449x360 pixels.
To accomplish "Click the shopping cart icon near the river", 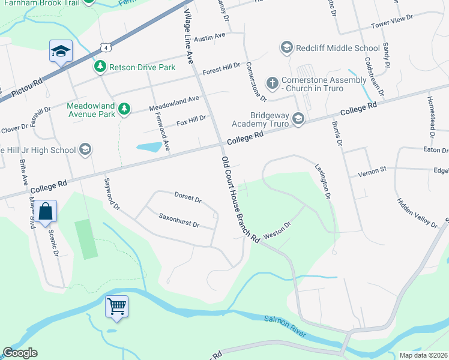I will [x=116, y=307].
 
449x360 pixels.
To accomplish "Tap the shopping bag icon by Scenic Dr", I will [x=45, y=211].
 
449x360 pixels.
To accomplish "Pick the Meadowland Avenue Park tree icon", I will [x=124, y=109].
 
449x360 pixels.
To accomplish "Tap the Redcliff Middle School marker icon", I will [x=286, y=47].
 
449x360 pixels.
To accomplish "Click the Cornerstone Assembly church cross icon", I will [x=272, y=82].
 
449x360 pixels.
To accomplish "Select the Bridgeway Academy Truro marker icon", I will [x=298, y=121].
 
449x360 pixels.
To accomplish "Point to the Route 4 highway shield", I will [x=105, y=47].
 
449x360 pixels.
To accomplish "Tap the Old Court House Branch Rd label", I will [x=240, y=199].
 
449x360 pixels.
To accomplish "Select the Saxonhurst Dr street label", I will [x=178, y=220].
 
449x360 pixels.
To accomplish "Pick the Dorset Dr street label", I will [x=187, y=197].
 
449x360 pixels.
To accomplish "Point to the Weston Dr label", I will [x=277, y=230].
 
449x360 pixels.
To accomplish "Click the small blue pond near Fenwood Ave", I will [x=149, y=147].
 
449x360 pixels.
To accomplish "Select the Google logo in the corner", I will [x=20, y=353].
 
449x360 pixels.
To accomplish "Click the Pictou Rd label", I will [x=27, y=87].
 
